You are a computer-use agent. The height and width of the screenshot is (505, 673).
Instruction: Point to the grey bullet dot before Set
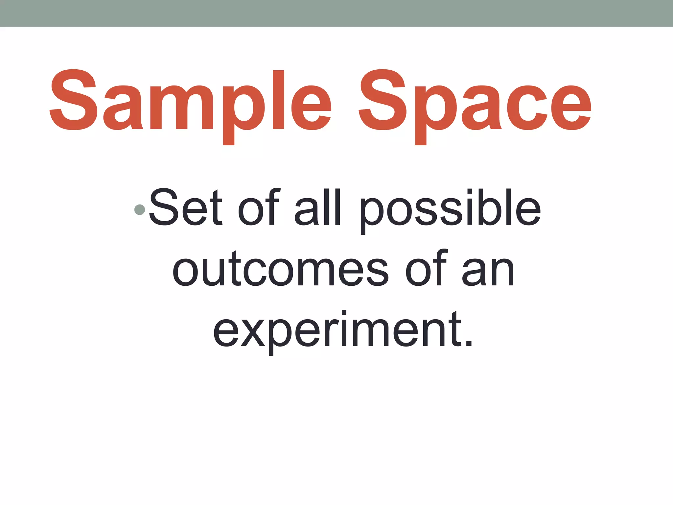[140, 210]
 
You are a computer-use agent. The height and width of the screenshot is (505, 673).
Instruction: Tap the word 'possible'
[450, 210]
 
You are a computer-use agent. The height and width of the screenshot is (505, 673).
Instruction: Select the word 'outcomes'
[280, 268]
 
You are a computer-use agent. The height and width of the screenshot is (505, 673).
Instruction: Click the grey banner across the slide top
[336, 13]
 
